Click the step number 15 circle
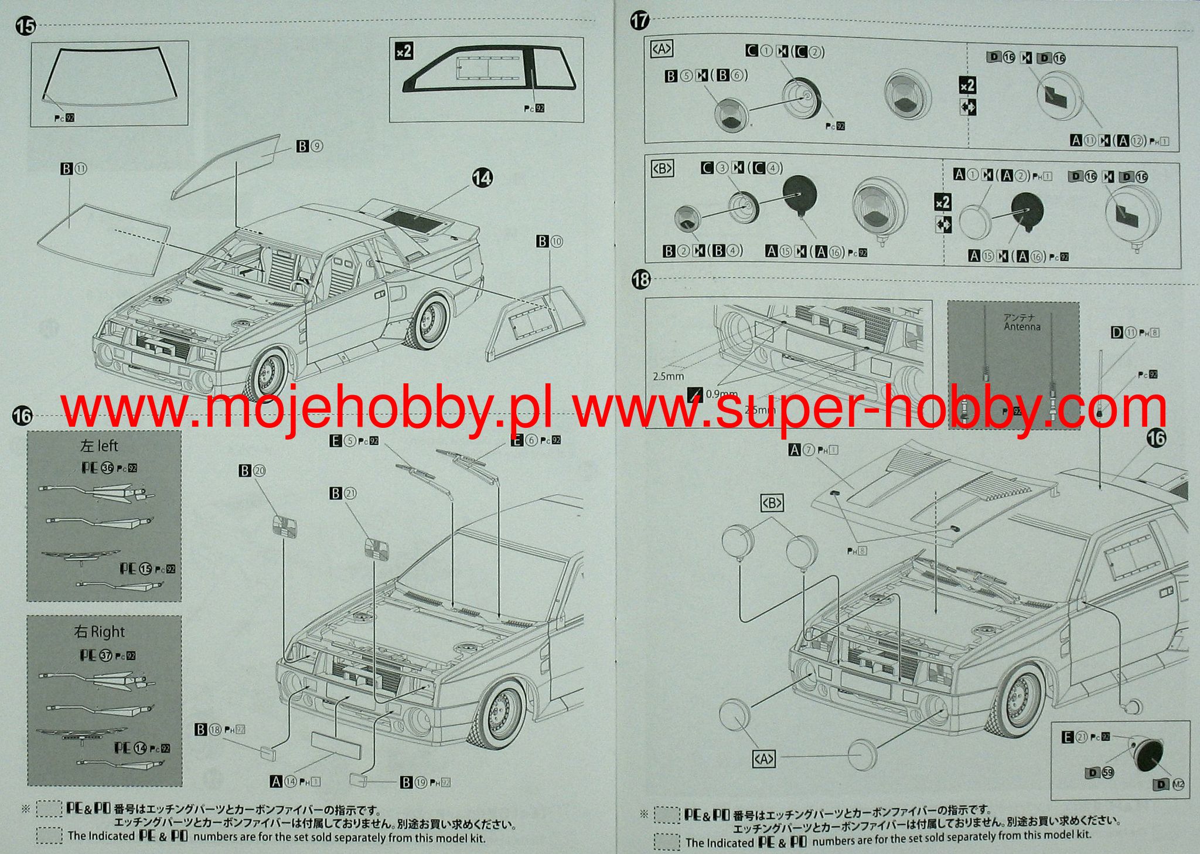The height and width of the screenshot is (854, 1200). [x=26, y=26]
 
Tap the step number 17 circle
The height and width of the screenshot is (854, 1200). [x=640, y=21]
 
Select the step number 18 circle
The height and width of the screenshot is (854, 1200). [x=642, y=280]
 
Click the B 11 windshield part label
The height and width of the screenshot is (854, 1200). [x=73, y=169]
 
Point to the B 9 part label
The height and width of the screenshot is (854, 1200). [x=310, y=146]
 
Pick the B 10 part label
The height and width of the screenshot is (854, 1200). [x=550, y=241]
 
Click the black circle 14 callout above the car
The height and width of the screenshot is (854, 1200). [x=482, y=178]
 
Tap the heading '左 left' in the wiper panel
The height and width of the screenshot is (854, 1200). [x=99, y=446]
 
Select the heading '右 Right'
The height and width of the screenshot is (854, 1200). [x=100, y=632]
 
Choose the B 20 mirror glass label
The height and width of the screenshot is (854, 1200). [x=252, y=471]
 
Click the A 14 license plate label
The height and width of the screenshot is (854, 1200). [x=290, y=781]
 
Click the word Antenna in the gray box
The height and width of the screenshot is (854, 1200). [x=1022, y=326]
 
